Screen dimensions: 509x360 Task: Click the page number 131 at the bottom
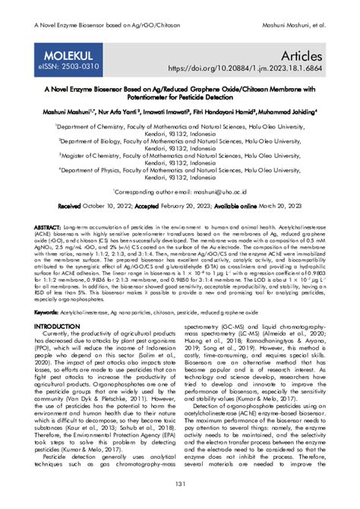tap(180, 485)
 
